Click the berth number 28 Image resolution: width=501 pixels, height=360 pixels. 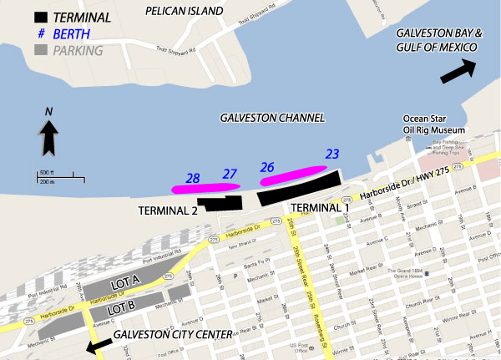coord(193,179)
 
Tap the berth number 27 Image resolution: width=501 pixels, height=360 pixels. coord(230,174)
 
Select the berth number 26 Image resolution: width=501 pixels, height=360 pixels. coord(267,167)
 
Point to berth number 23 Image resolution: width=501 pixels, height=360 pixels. coord(332,155)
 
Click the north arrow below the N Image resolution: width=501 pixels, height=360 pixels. coord(48,137)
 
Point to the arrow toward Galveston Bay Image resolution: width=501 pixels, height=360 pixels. coord(458,72)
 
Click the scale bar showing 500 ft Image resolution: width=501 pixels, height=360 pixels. coord(55,176)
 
